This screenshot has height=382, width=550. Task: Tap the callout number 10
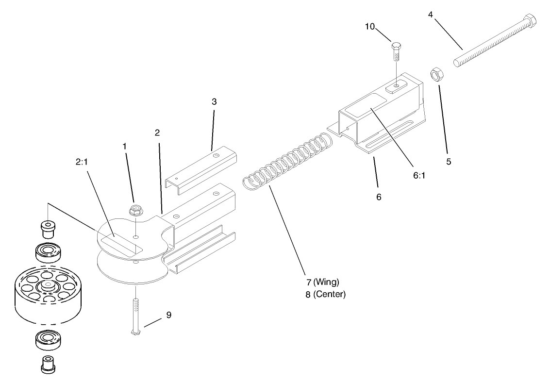[370, 27]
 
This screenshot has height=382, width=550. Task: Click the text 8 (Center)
[325, 294]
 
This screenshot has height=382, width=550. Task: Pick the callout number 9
[168, 315]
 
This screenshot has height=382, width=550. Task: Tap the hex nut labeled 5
[439, 75]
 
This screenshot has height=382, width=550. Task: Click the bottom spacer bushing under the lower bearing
[47, 364]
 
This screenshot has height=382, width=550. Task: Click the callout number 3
[214, 102]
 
